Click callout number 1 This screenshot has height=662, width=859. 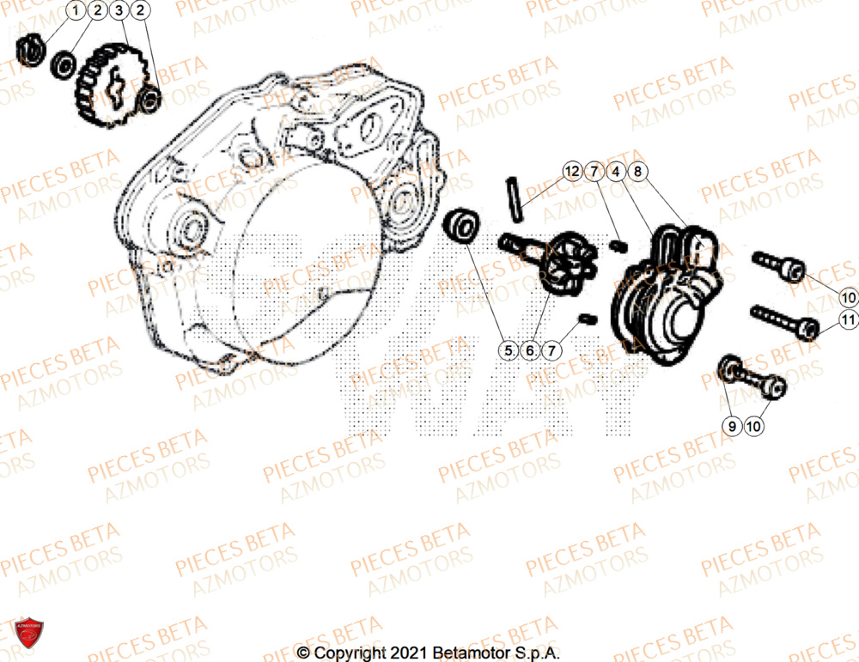pyautogui.click(x=76, y=11)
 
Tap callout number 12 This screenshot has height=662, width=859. pyautogui.click(x=572, y=172)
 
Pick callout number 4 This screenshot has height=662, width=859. pyautogui.click(x=616, y=172)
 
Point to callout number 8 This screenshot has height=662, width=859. pyautogui.click(x=638, y=172)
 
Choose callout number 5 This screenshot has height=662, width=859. pyautogui.click(x=508, y=350)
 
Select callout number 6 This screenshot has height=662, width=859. pyautogui.click(x=530, y=350)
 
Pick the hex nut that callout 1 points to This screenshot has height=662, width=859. pyautogui.click(x=30, y=50)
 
